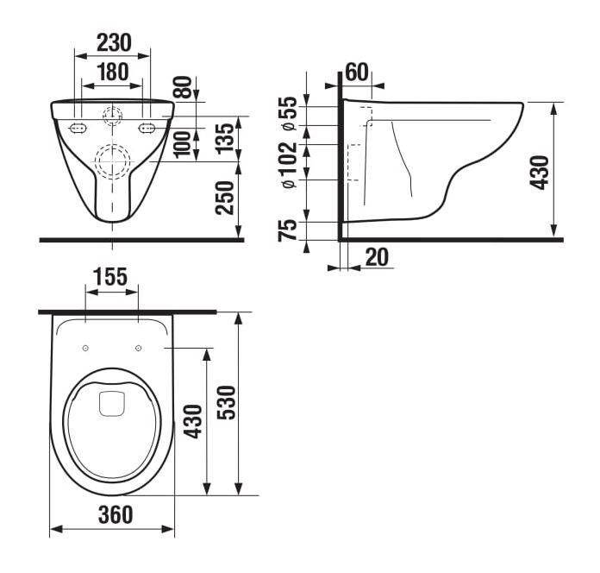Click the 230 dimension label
(x=114, y=42)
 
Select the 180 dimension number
(x=112, y=72)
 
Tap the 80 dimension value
(x=183, y=88)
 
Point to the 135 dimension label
(x=225, y=139)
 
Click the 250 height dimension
(x=225, y=198)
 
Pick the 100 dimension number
(x=183, y=144)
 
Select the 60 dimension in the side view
(x=357, y=72)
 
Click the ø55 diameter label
(x=289, y=113)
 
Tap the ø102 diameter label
(x=289, y=166)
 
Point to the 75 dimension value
(x=288, y=230)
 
